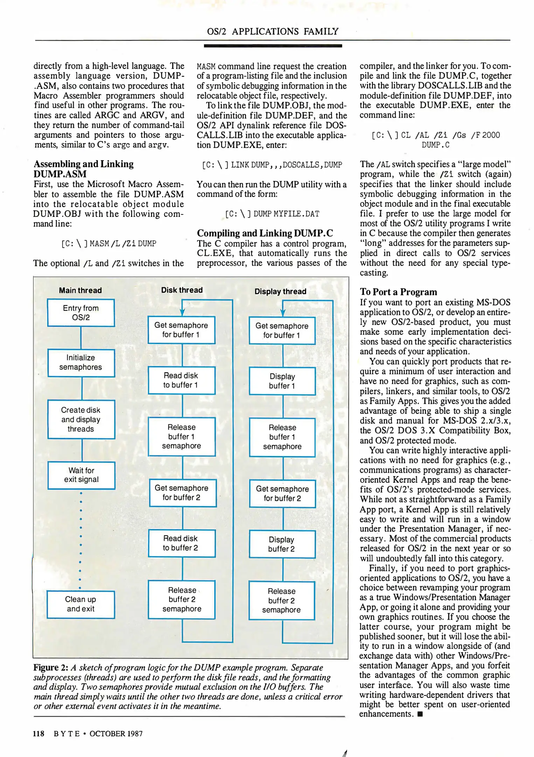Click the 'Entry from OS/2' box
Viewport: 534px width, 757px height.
click(81, 313)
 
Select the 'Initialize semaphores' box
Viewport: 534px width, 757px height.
click(81, 362)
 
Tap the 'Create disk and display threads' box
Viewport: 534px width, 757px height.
click(81, 419)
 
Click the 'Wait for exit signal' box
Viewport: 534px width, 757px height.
click(81, 475)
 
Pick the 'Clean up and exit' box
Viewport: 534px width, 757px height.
click(81, 604)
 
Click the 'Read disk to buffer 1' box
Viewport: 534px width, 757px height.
click(181, 380)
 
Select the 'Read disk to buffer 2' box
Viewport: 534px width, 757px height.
click(181, 543)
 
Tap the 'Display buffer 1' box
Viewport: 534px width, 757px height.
click(282, 381)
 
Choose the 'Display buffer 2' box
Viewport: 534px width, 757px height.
click(282, 544)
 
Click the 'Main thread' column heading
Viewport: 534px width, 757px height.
click(80, 290)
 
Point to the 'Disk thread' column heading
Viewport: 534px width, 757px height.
click(182, 290)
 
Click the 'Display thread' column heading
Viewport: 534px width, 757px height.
click(280, 291)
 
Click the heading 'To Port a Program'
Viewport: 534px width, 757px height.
click(398, 292)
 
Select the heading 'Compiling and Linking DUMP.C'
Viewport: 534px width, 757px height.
click(265, 233)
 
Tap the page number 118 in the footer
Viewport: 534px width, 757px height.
click(39, 734)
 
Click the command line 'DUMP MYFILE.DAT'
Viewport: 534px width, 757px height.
click(272, 214)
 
